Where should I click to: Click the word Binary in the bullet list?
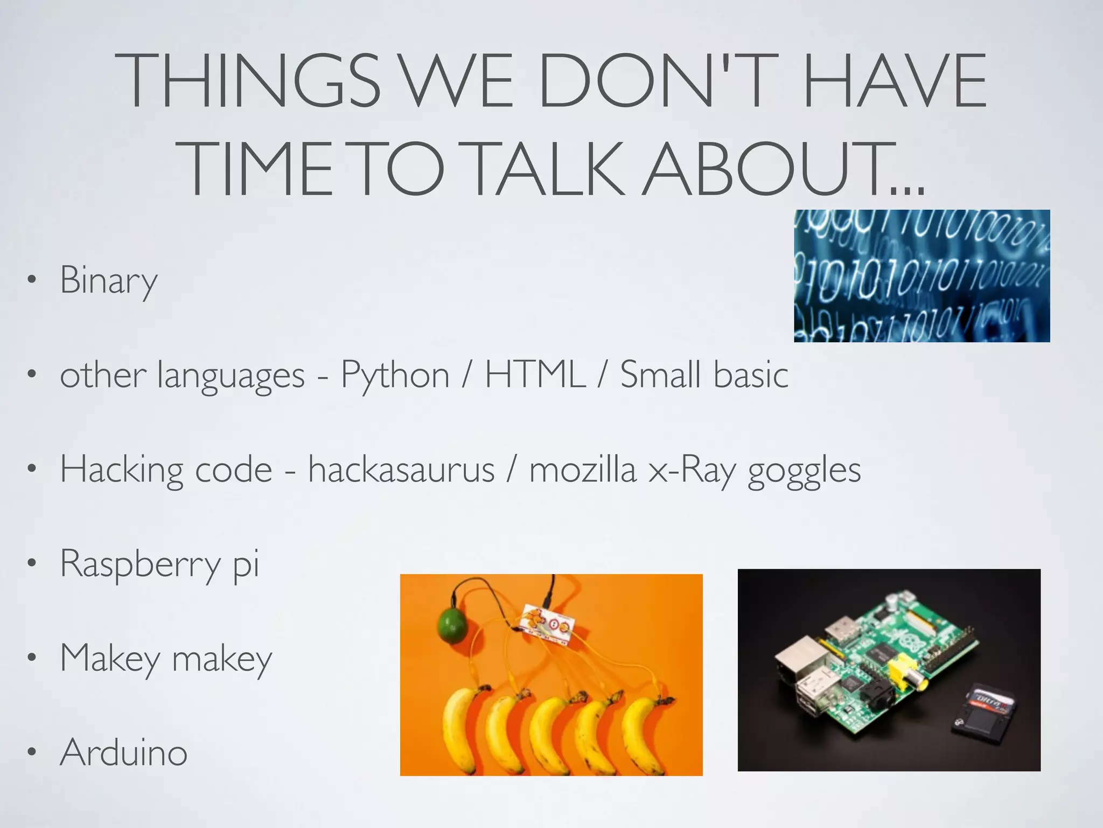pyautogui.click(x=108, y=280)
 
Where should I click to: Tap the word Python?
pyautogui.click(x=395, y=375)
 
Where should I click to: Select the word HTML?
pyautogui.click(x=535, y=374)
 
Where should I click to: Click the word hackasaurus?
pyautogui.click(x=401, y=470)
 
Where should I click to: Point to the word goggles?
pyautogui.click(x=804, y=471)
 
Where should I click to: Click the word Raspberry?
pyautogui.click(x=140, y=564)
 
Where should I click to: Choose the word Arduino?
pyautogui.click(x=124, y=753)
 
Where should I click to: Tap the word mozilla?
pyautogui.click(x=583, y=470)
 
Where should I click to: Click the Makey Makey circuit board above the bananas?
pyautogui.click(x=547, y=625)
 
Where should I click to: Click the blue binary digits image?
pyautogui.click(x=922, y=275)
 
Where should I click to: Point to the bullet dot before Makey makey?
pyautogui.click(x=32, y=658)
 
